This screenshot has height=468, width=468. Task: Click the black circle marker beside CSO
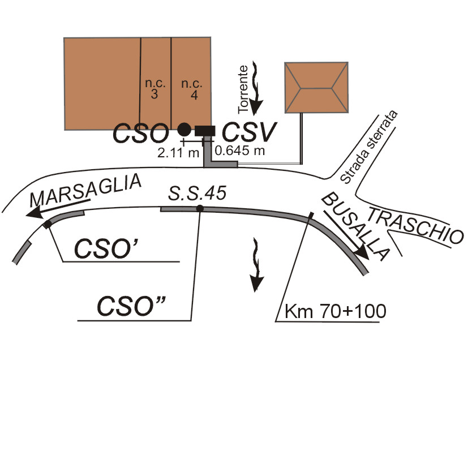click(x=184, y=129)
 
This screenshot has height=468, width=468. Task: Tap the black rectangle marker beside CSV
click(x=205, y=131)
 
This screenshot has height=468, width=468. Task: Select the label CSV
click(x=250, y=132)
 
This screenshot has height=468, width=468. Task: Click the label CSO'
click(x=106, y=248)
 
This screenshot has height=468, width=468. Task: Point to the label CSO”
click(x=131, y=306)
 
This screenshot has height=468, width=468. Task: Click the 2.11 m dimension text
click(x=178, y=153)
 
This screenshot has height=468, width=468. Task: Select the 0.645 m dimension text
click(x=240, y=151)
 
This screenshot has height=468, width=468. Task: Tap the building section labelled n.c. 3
click(x=156, y=84)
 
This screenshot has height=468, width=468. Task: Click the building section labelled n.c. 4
click(x=191, y=84)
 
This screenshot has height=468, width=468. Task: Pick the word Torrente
click(x=243, y=89)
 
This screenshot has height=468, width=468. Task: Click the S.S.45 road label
click(x=197, y=193)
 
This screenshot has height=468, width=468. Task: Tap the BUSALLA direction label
click(x=355, y=226)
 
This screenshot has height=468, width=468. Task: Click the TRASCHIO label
click(x=415, y=225)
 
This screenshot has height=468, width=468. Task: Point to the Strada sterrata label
click(x=369, y=147)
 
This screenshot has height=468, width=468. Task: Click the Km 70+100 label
click(x=336, y=311)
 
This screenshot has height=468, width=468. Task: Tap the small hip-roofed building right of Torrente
click(x=316, y=88)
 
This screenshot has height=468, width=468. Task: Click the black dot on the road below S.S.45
click(x=200, y=208)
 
